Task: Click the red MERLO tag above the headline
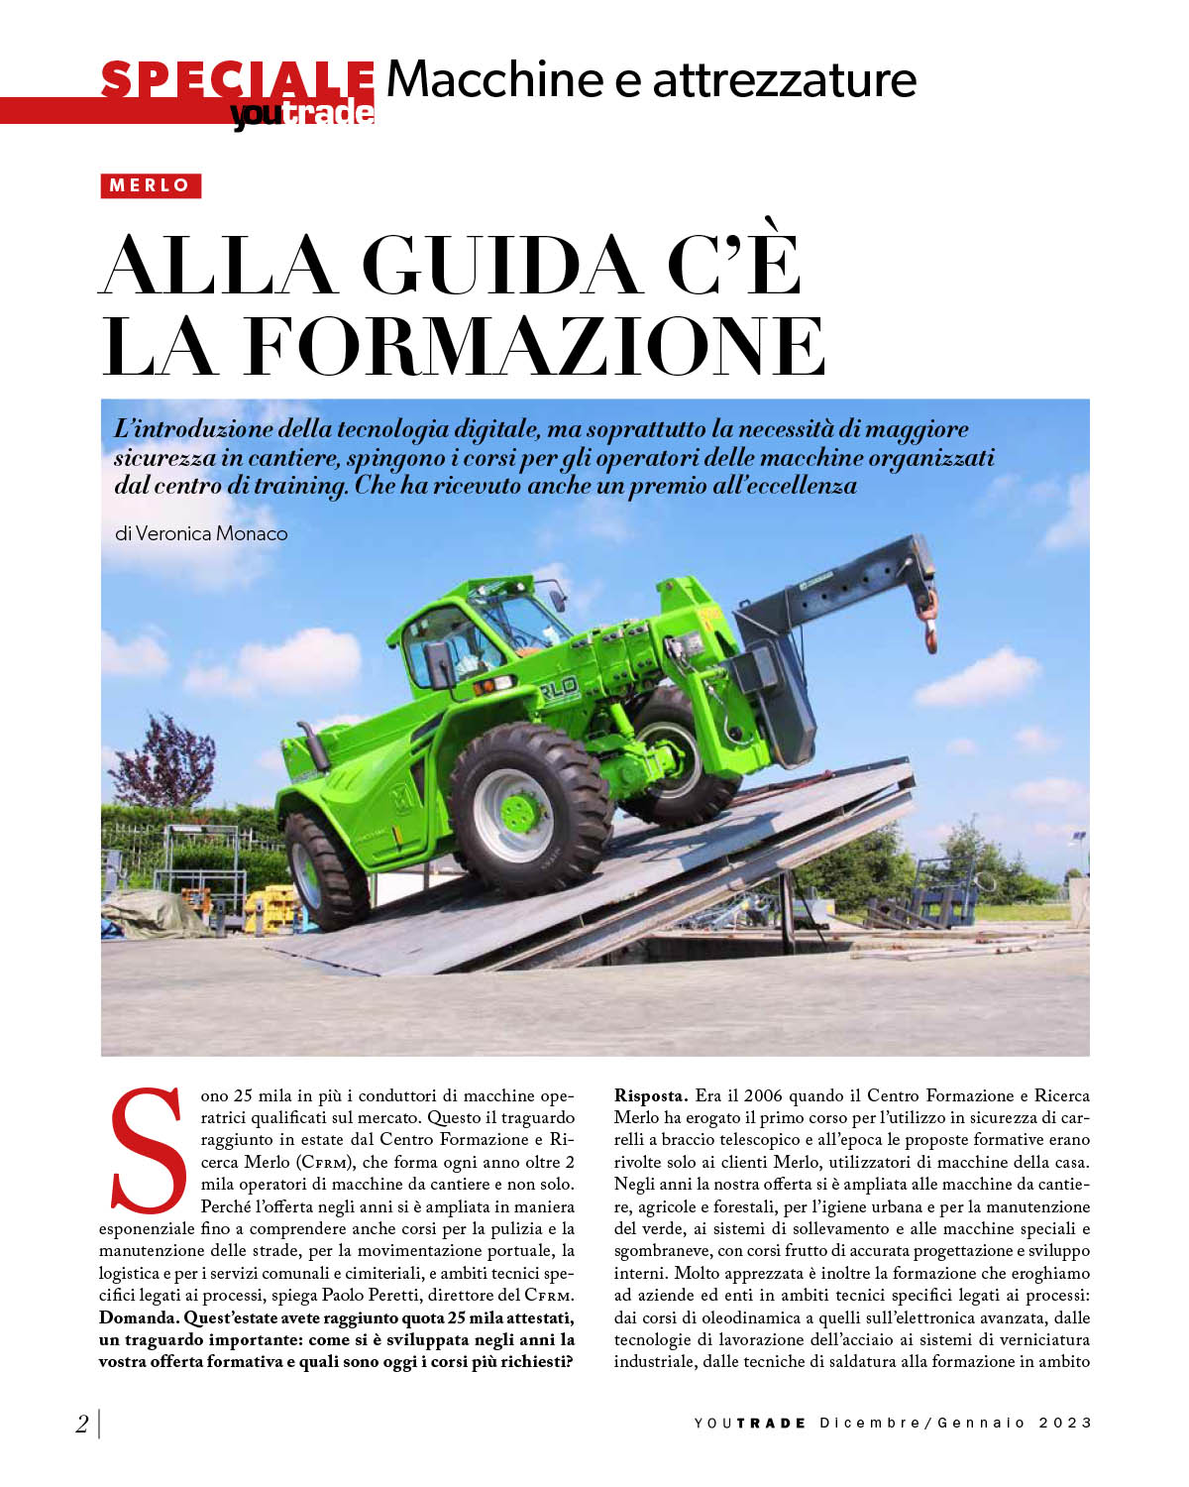click(x=151, y=185)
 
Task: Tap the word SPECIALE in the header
click(x=238, y=79)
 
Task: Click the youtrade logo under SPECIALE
click(x=302, y=114)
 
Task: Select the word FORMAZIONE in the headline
click(x=535, y=346)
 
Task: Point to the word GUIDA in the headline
click(x=500, y=265)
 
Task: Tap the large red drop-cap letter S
click(x=149, y=1150)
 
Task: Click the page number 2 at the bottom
click(x=82, y=1424)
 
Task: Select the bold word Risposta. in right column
click(x=650, y=1095)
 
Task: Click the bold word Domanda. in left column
click(x=139, y=1317)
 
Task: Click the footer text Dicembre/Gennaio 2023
click(x=955, y=1423)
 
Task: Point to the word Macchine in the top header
click(x=494, y=79)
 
